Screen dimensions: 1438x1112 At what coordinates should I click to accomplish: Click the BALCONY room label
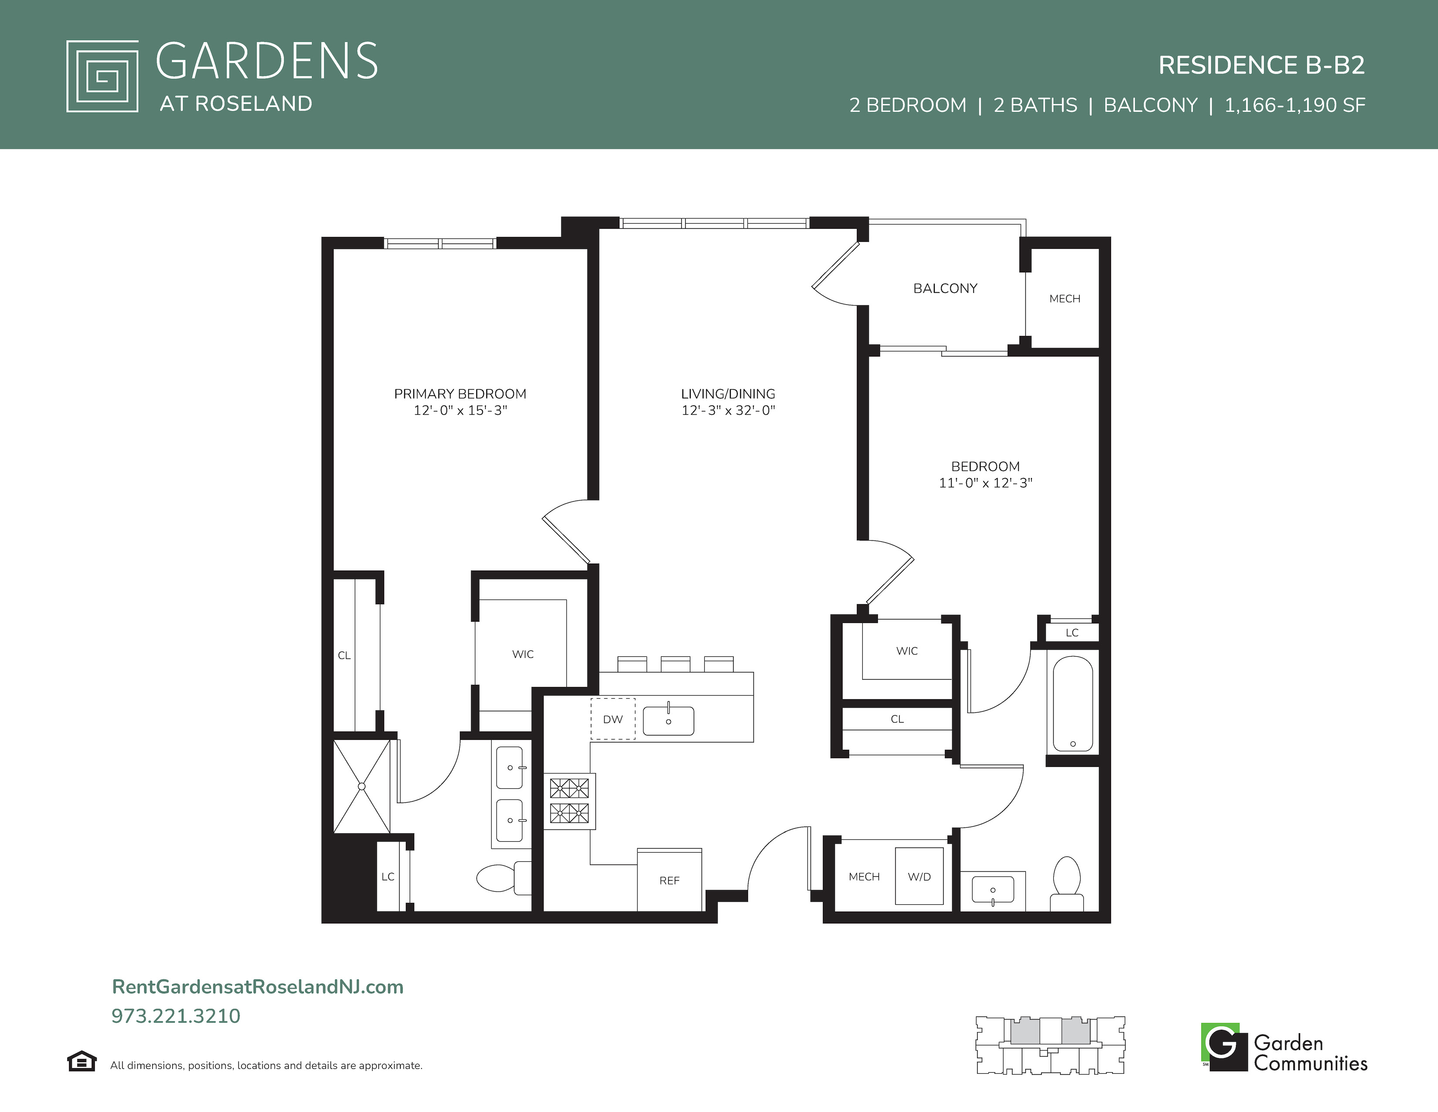click(x=945, y=289)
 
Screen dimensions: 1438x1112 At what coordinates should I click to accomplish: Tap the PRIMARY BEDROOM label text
click(x=460, y=394)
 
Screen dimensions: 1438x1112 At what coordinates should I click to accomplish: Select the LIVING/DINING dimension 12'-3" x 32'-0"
click(x=728, y=410)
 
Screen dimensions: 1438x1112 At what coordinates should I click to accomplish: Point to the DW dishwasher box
click(x=612, y=719)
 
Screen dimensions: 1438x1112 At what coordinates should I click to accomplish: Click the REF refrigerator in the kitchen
click(x=669, y=880)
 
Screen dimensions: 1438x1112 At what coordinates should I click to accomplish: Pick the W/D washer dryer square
click(x=919, y=876)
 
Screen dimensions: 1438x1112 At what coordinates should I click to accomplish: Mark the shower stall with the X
click(x=362, y=786)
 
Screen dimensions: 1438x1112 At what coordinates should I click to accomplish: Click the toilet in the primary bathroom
click(x=504, y=877)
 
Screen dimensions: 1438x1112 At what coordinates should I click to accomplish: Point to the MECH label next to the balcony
click(x=1065, y=298)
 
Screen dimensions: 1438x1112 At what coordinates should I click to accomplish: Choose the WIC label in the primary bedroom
click(x=523, y=654)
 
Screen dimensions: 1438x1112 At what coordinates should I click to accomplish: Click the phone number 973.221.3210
click(x=176, y=1016)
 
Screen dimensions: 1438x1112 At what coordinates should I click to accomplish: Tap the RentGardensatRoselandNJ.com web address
click(x=258, y=987)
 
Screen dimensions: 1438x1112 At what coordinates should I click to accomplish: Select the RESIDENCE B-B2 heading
click(x=1262, y=65)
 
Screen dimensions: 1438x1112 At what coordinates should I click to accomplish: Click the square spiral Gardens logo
click(x=102, y=76)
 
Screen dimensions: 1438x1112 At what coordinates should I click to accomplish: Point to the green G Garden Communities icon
click(x=1224, y=1047)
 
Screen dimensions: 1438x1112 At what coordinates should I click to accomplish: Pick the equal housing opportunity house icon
click(x=81, y=1061)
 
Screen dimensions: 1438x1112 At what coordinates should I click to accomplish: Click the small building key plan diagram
click(x=1050, y=1045)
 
